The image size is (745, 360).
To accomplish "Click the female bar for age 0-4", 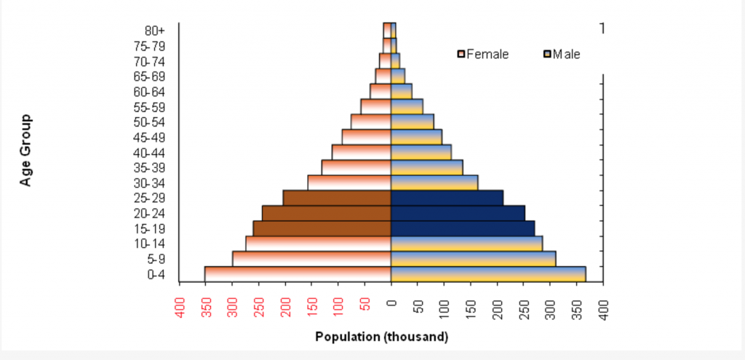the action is pyautogui.click(x=298, y=274).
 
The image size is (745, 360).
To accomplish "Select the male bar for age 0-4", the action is pyautogui.click(x=488, y=274).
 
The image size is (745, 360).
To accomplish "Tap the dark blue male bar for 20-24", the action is pyautogui.click(x=458, y=213).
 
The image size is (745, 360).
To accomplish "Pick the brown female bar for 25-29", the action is pyautogui.click(x=337, y=198).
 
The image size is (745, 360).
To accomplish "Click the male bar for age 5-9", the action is pyautogui.click(x=473, y=259).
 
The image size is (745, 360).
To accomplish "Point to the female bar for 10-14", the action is pyautogui.click(x=319, y=244).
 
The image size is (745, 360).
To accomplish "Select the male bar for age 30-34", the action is pyautogui.click(x=434, y=183).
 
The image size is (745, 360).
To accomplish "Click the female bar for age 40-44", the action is pyautogui.click(x=362, y=153).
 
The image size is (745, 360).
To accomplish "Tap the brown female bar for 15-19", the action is pyautogui.click(x=322, y=228).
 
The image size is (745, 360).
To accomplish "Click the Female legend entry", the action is pyautogui.click(x=483, y=54).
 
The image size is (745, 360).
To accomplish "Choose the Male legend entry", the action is pyautogui.click(x=562, y=54).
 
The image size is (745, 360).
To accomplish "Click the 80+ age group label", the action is pyautogui.click(x=155, y=31).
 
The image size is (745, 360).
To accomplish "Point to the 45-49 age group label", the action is pyautogui.click(x=149, y=137).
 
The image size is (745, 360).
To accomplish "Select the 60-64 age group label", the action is pyautogui.click(x=149, y=92).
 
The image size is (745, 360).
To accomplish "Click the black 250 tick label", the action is pyautogui.click(x=524, y=308).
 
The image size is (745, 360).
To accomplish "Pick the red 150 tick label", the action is pyautogui.click(x=312, y=308).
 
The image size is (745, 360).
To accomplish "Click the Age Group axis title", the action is pyautogui.click(x=26, y=150).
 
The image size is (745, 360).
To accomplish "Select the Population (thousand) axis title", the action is pyautogui.click(x=382, y=337).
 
